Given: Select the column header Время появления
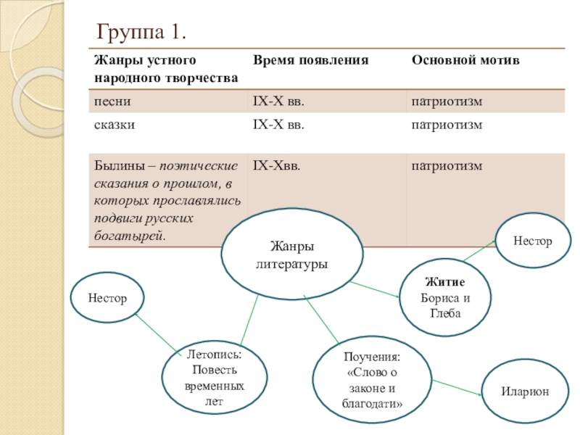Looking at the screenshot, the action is [x=310, y=60].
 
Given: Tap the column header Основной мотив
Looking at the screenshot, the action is [x=465, y=60].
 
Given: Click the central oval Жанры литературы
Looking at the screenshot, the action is [x=291, y=253].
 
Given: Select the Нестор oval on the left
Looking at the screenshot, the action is [x=107, y=298].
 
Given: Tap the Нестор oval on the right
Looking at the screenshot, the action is [x=532, y=240].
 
